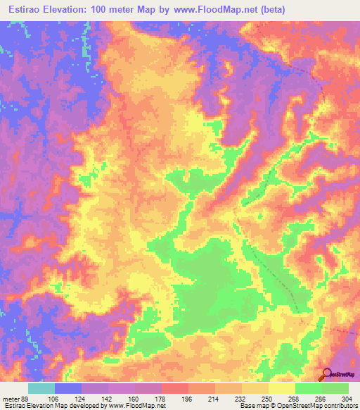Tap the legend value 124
click(94, 398)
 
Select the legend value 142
click(120, 398)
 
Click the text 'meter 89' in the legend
click(17, 398)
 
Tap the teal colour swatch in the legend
click(41, 388)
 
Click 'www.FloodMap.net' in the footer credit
click(134, 406)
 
